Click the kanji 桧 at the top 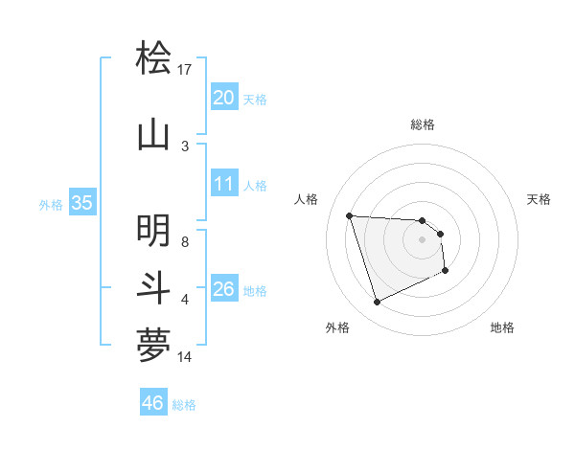(153, 59)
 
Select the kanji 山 (153, 133)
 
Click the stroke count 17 (185, 70)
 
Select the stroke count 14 (185, 357)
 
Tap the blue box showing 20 (223, 98)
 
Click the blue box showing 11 (223, 184)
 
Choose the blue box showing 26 (223, 289)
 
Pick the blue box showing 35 (81, 203)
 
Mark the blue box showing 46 (153, 403)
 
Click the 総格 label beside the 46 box (184, 405)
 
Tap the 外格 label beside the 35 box (51, 205)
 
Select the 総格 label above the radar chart (423, 124)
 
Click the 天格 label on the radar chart (540, 199)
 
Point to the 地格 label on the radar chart (502, 327)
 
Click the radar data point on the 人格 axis (350, 215)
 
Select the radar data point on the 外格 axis (377, 303)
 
